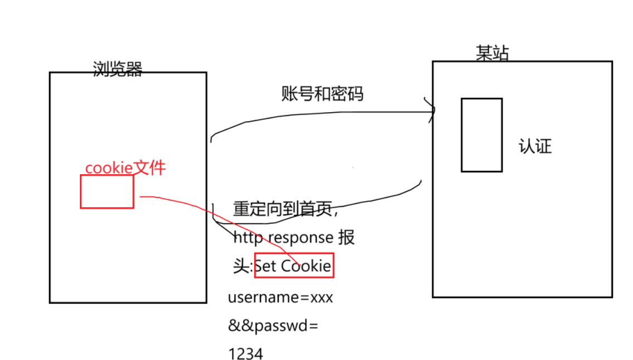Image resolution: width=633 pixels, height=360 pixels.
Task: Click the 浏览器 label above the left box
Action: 117,69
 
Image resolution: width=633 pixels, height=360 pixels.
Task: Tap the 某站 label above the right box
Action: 492,54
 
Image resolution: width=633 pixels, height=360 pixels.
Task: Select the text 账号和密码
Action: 322,94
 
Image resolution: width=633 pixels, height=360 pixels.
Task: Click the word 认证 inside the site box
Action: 535,146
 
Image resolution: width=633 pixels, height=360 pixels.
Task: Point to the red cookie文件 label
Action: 125,168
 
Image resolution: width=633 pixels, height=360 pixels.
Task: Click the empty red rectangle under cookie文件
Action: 107,191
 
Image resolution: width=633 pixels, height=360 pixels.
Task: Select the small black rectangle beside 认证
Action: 481,135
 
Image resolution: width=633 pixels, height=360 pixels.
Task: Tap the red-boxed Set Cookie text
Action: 294,266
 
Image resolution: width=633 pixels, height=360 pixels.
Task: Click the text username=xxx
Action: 280,297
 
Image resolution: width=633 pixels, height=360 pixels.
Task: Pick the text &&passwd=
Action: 273,326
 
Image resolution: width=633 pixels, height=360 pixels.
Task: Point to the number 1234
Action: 245,354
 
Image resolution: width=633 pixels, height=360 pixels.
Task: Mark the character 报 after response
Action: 346,238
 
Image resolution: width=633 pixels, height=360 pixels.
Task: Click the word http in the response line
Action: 248,238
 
